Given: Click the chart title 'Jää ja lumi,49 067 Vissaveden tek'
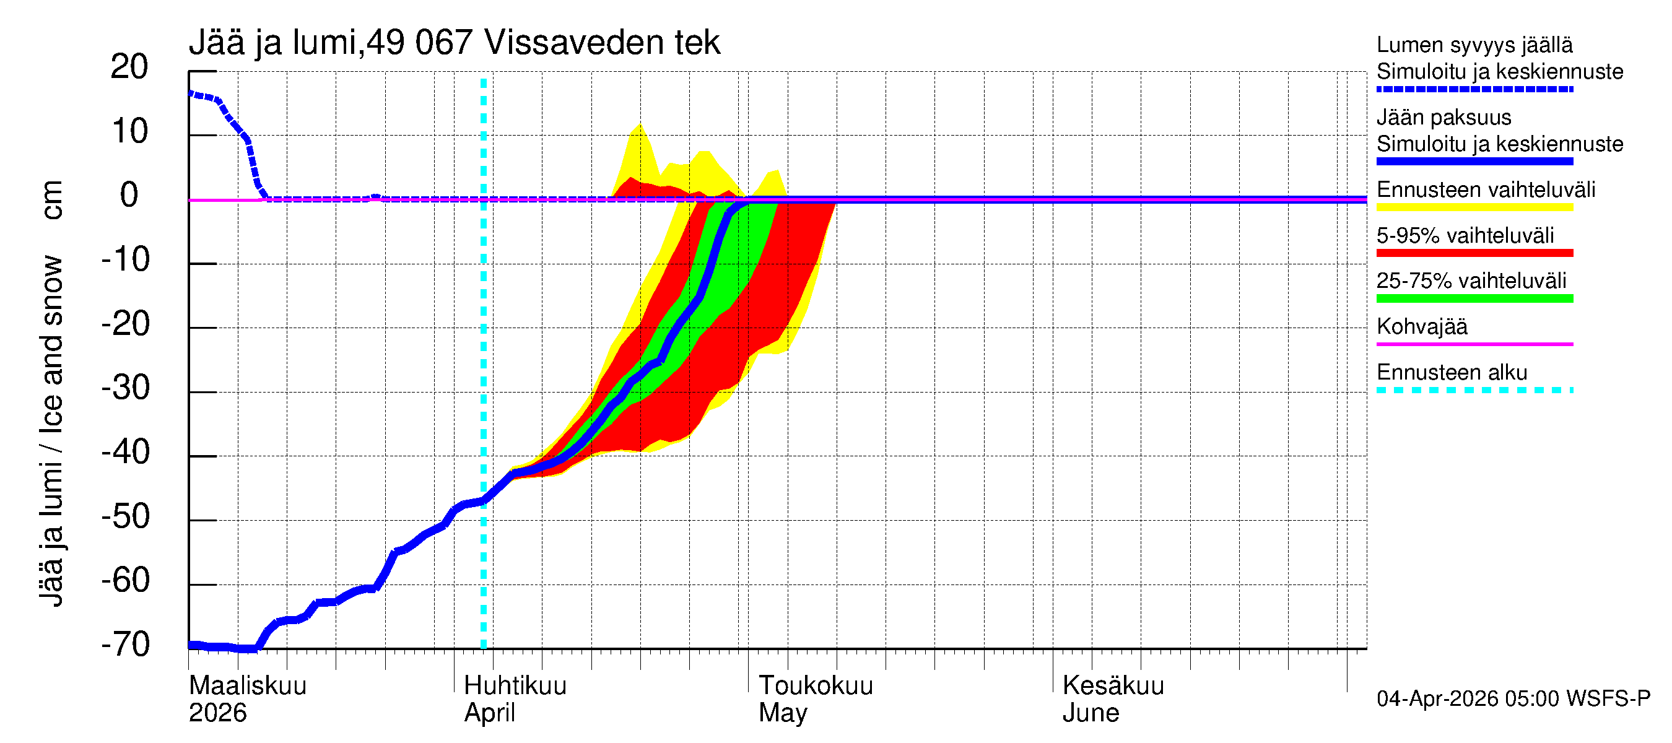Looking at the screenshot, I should click(454, 43).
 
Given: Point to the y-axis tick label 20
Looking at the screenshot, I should click(129, 67).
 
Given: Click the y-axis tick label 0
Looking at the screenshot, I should click(129, 195).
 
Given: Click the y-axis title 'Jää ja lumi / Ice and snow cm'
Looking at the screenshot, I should click(51, 393).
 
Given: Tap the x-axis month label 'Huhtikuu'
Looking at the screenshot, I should click(515, 685).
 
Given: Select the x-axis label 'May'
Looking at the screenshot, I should click(782, 713).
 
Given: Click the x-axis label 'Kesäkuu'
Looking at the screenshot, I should click(1113, 685).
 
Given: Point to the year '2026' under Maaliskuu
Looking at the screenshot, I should click(217, 713).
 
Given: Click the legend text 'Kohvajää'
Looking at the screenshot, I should click(1421, 326).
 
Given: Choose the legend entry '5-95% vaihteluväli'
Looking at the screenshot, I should click(1465, 235).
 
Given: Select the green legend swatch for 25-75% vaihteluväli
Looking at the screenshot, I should click(1474, 298).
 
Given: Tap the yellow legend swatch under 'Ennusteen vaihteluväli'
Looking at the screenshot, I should click(1474, 207).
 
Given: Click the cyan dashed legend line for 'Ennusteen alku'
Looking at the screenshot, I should click(1474, 390).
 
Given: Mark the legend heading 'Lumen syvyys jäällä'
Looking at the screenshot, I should click(1474, 45).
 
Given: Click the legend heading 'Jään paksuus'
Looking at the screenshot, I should click(1443, 118).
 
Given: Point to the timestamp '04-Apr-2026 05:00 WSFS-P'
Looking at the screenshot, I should click(1513, 698).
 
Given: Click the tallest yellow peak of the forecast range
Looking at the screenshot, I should click(640, 125).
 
